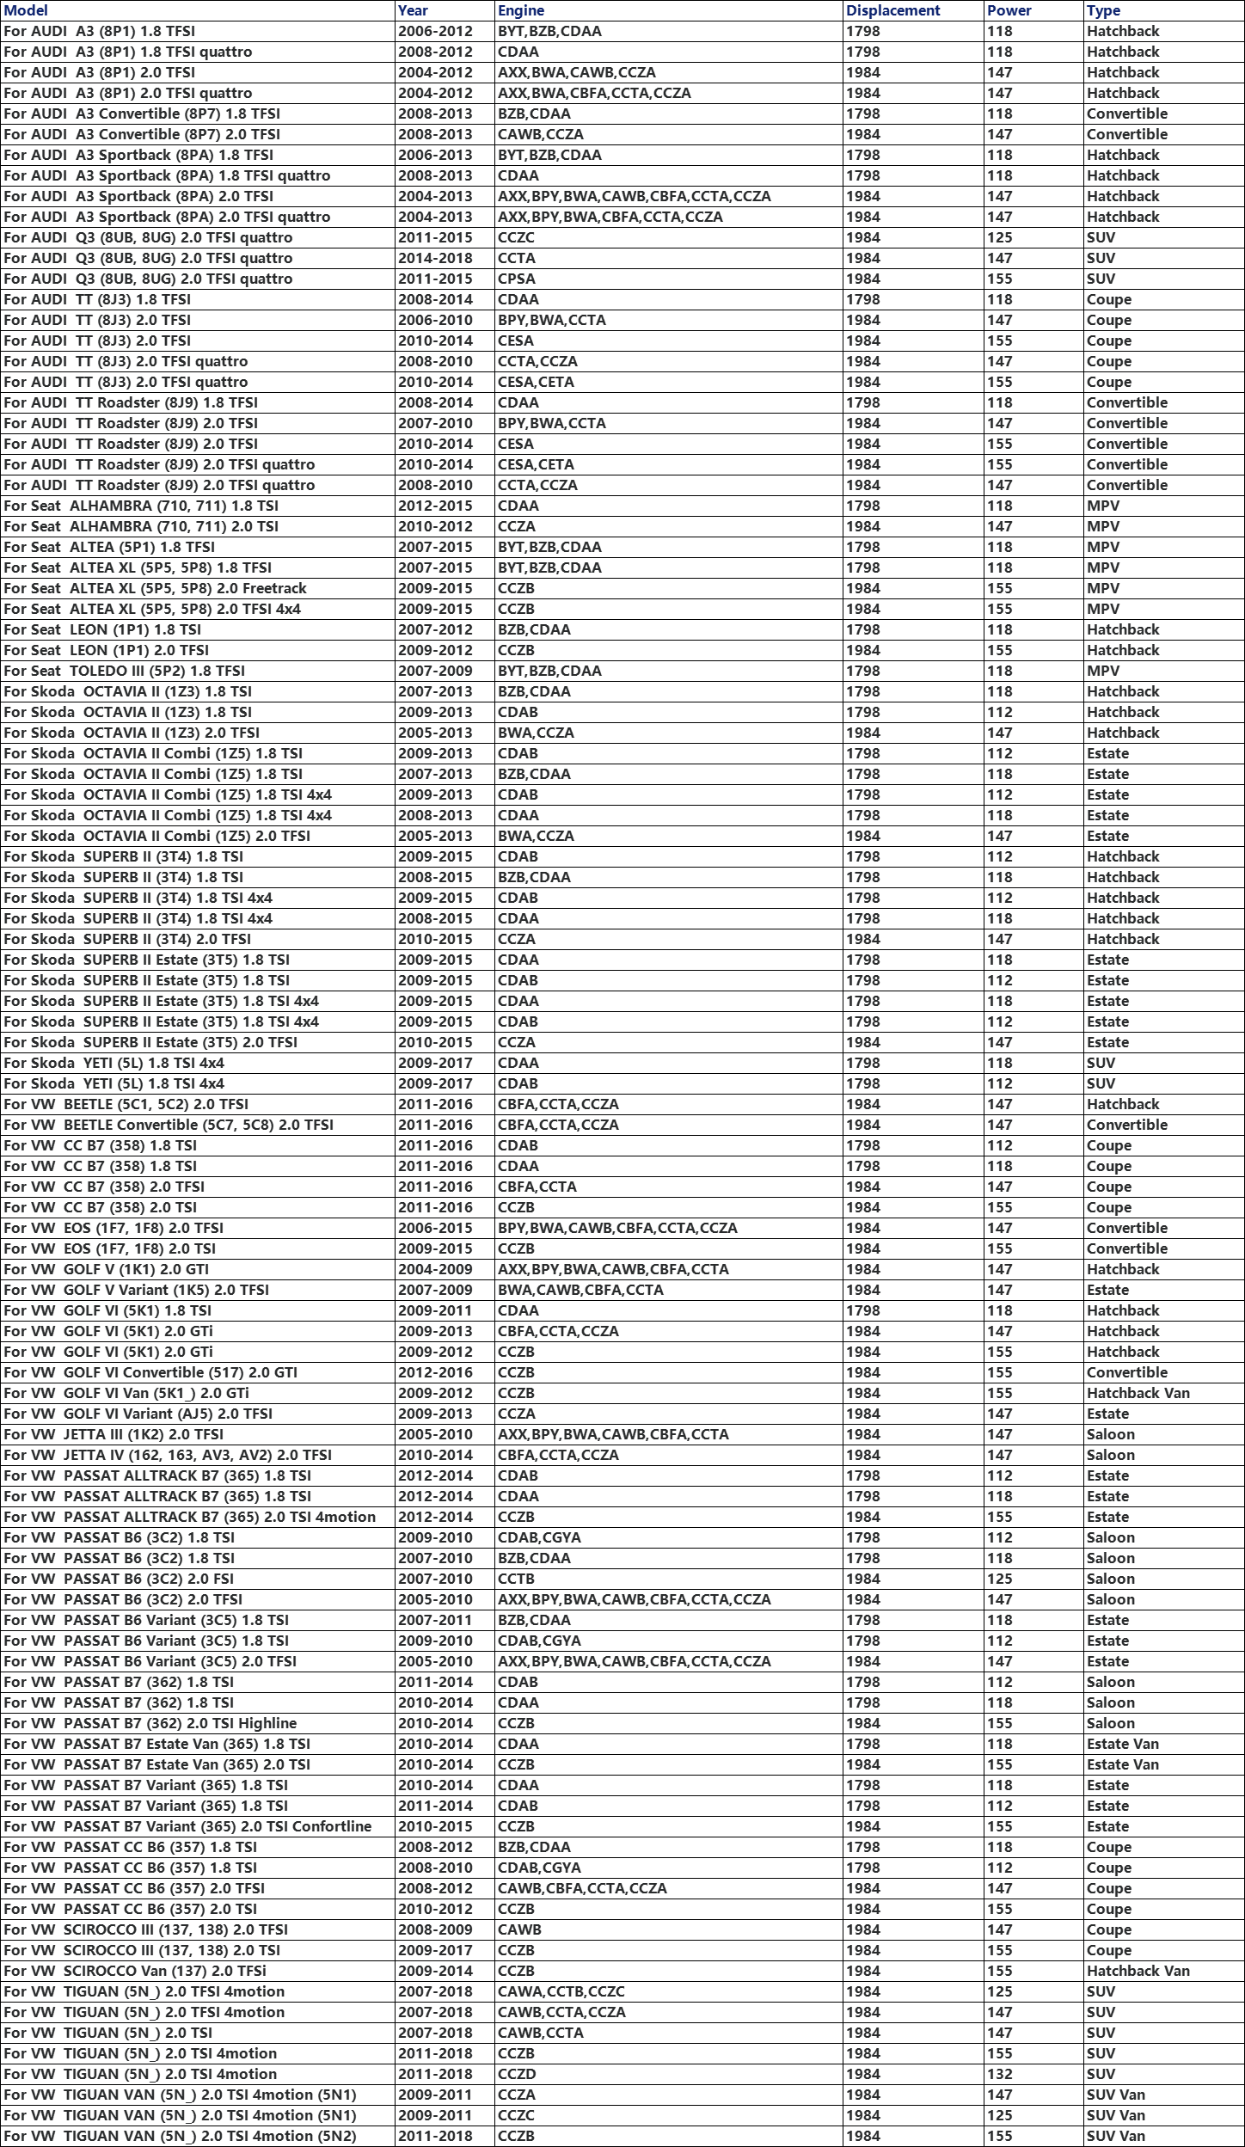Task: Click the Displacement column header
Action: coord(892,10)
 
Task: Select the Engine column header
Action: coord(521,10)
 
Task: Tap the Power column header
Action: coord(1009,10)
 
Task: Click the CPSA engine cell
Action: coord(517,279)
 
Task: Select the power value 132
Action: coord(1000,2074)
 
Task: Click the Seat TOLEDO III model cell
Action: coord(124,671)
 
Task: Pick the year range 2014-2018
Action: coord(435,258)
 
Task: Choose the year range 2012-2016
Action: coord(435,1372)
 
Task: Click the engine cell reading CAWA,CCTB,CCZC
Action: coord(561,1991)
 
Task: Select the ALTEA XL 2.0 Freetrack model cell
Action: coord(155,588)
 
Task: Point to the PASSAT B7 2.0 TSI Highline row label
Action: coord(150,1723)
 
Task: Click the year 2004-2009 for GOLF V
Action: coord(435,1269)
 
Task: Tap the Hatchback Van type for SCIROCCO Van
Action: coord(1138,1971)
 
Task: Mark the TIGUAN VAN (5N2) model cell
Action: coord(180,2136)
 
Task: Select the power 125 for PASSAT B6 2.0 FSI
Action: coord(1000,1579)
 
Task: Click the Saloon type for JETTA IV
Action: coord(1110,1455)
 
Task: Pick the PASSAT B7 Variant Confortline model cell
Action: coord(187,1826)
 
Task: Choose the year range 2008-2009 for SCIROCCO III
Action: coord(435,1929)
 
